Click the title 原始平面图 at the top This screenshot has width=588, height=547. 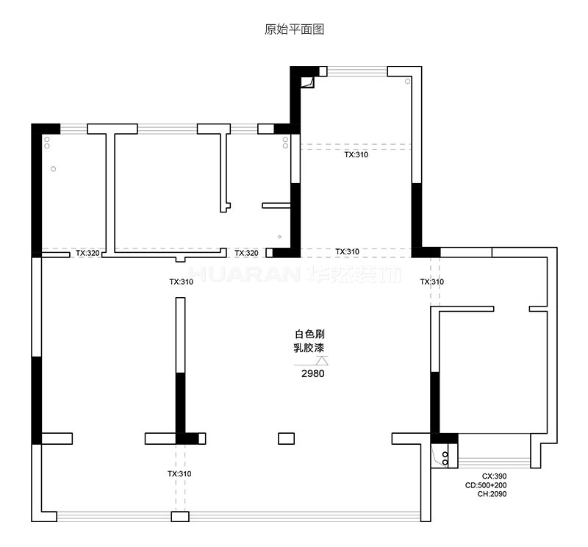click(x=294, y=29)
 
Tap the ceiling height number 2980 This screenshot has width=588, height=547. click(x=313, y=373)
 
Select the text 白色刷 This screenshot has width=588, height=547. click(x=309, y=334)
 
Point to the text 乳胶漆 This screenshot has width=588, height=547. click(x=309, y=348)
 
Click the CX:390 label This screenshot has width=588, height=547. click(x=494, y=476)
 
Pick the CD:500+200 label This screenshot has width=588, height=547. click(x=486, y=485)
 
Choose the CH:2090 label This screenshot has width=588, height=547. click(x=492, y=494)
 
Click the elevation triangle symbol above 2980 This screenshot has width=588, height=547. click(x=322, y=360)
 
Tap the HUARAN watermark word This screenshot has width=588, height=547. click(x=244, y=275)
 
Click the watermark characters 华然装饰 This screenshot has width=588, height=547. click(x=354, y=275)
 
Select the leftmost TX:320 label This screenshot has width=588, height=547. click(x=87, y=253)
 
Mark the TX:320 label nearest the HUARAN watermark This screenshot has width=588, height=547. click(x=246, y=253)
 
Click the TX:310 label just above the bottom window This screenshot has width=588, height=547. click(x=179, y=473)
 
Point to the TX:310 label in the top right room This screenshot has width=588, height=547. click(x=356, y=154)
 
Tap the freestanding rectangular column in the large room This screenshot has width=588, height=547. click(x=286, y=439)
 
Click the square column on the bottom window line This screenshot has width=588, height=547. click(x=180, y=517)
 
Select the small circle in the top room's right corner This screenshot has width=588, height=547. click(x=408, y=82)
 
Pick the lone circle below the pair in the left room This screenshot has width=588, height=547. click(x=53, y=169)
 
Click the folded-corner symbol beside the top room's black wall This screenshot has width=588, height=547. click(x=308, y=82)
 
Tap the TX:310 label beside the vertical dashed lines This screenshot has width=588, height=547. click(x=432, y=282)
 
